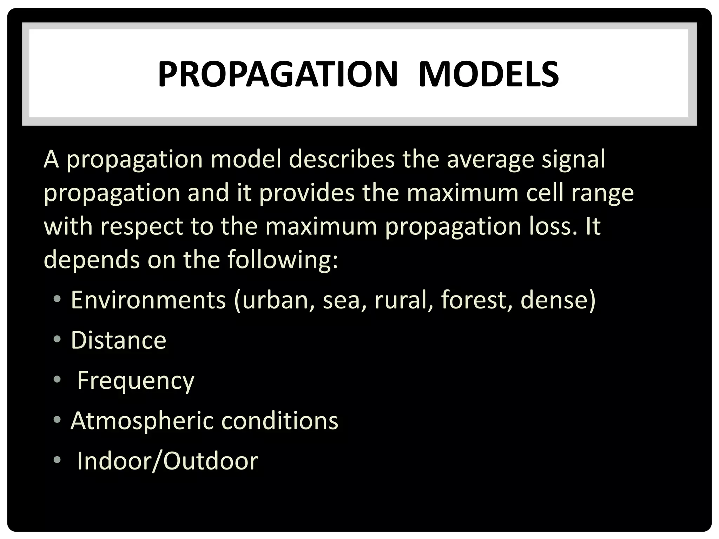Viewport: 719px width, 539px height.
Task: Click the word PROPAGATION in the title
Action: coord(277,74)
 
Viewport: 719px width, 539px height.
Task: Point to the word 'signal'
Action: coord(574,160)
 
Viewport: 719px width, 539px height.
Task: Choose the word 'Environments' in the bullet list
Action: coord(148,300)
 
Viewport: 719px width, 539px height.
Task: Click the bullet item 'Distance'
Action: coord(119,340)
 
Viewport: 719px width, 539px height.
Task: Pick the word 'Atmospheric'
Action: coord(142,421)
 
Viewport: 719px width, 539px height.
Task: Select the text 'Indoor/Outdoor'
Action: coord(167,460)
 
